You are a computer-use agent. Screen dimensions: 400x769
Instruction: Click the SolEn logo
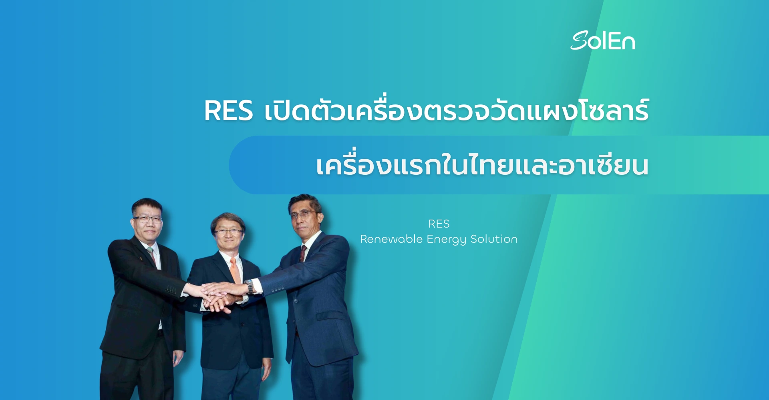point(603,41)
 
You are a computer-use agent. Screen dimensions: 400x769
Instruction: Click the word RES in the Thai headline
point(229,111)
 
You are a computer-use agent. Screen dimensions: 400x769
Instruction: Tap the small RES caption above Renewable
point(439,224)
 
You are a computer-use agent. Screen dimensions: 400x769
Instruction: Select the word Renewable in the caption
point(391,239)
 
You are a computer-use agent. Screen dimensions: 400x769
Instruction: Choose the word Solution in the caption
point(494,239)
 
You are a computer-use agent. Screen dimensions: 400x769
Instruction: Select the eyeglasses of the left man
point(147,219)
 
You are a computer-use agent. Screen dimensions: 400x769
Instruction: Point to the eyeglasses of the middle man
point(228,232)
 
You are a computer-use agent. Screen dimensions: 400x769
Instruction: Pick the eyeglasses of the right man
point(303,214)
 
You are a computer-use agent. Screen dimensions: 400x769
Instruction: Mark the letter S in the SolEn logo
point(579,41)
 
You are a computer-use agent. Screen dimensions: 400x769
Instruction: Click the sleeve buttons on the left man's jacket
point(171,289)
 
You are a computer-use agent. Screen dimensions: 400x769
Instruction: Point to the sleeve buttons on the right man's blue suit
point(278,289)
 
